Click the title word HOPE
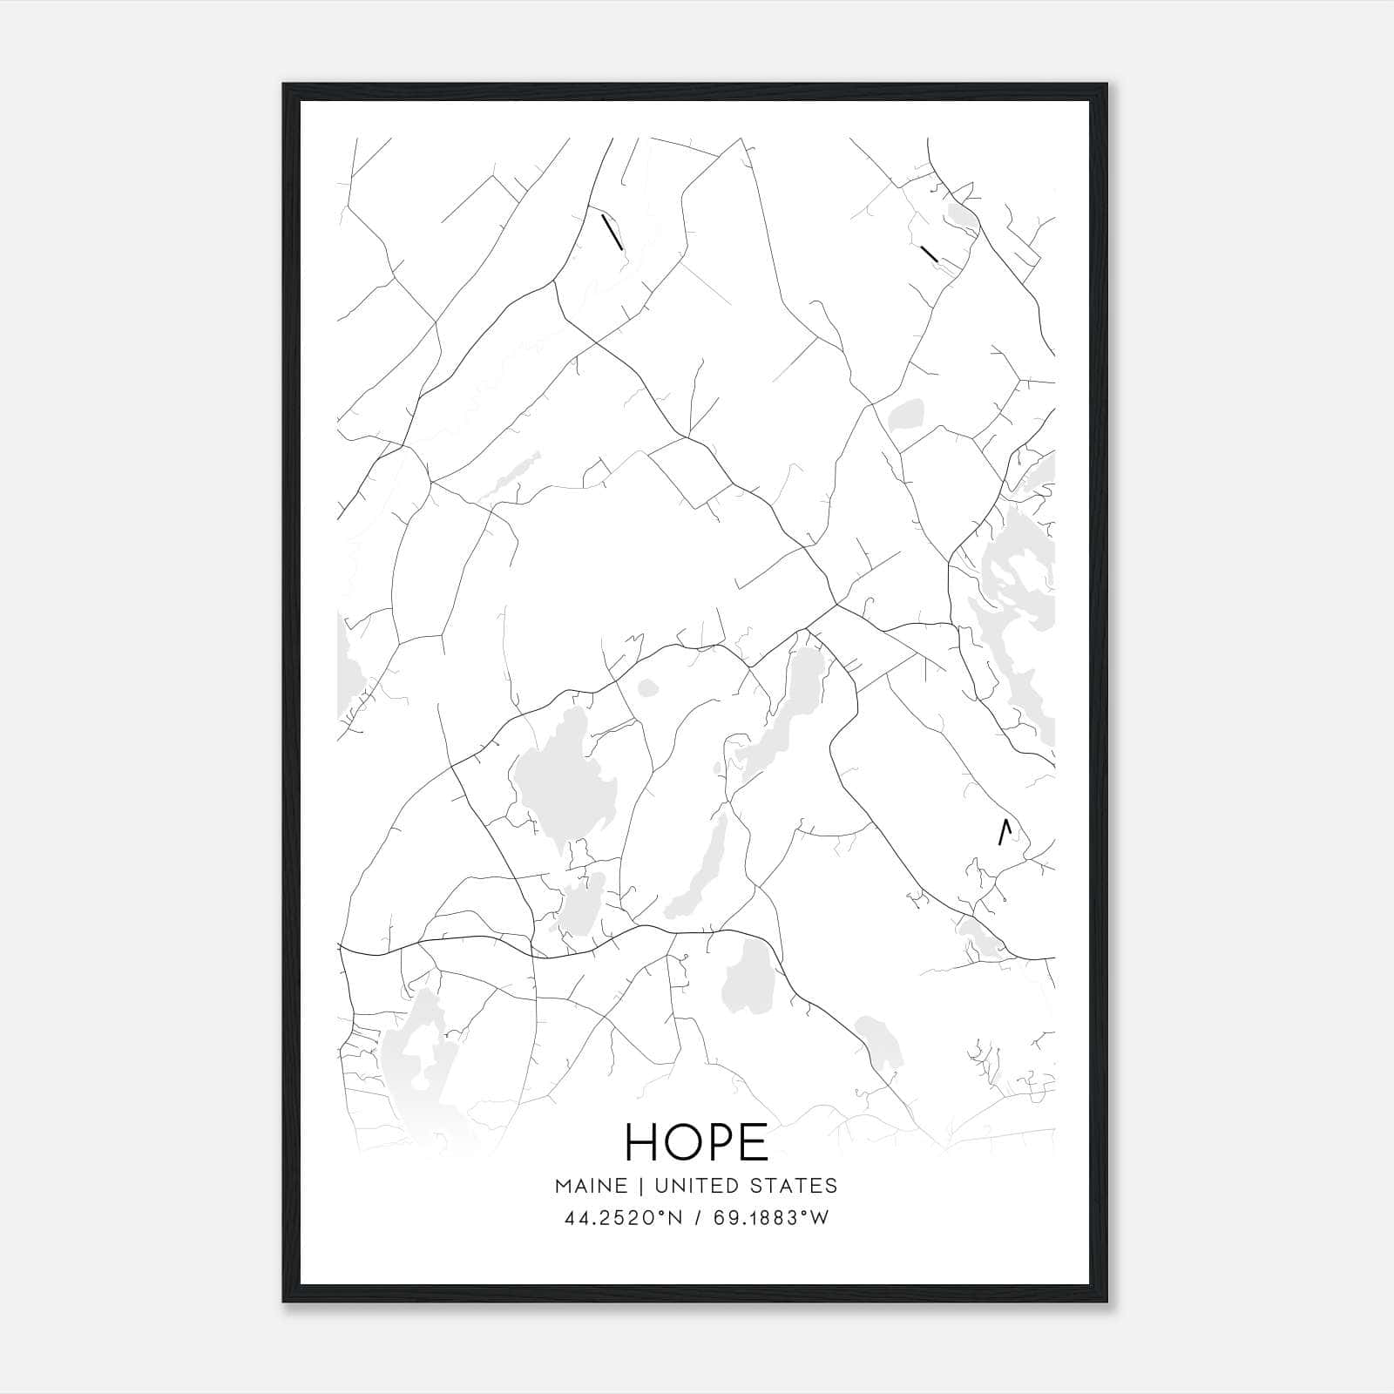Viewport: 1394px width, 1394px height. coord(697,1141)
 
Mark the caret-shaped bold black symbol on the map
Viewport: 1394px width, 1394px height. coord(1005,832)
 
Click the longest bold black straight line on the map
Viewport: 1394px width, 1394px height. coord(612,232)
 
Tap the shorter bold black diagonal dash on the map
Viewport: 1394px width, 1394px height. coord(929,254)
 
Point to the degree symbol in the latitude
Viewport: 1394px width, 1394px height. coord(661,1213)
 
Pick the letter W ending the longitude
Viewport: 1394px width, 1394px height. coord(820,1218)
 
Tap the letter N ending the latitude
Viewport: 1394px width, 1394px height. coord(673,1218)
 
